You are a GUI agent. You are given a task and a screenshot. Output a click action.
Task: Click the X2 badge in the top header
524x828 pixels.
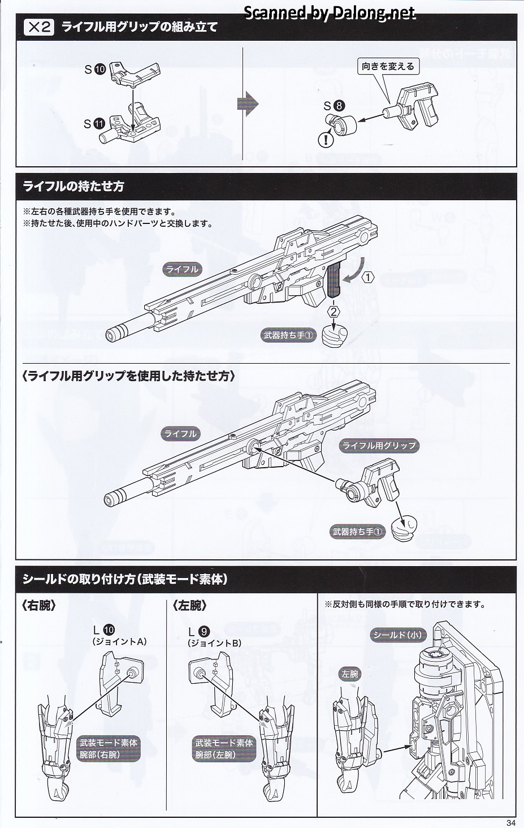pyautogui.click(x=39, y=27)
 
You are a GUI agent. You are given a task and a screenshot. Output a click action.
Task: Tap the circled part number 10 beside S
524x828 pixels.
pyautogui.click(x=100, y=69)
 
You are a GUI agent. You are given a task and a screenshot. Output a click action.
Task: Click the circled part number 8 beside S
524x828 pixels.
pyautogui.click(x=339, y=105)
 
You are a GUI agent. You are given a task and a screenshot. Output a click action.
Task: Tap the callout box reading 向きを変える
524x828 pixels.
pyautogui.click(x=388, y=66)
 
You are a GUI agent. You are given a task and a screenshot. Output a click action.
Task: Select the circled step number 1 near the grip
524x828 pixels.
pyautogui.click(x=368, y=277)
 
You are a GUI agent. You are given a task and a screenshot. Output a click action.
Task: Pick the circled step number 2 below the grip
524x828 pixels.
pyautogui.click(x=334, y=311)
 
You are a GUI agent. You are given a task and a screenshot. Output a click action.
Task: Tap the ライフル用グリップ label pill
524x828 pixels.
pyautogui.click(x=379, y=446)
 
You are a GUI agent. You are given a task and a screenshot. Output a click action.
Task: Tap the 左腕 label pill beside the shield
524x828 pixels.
pyautogui.click(x=350, y=674)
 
